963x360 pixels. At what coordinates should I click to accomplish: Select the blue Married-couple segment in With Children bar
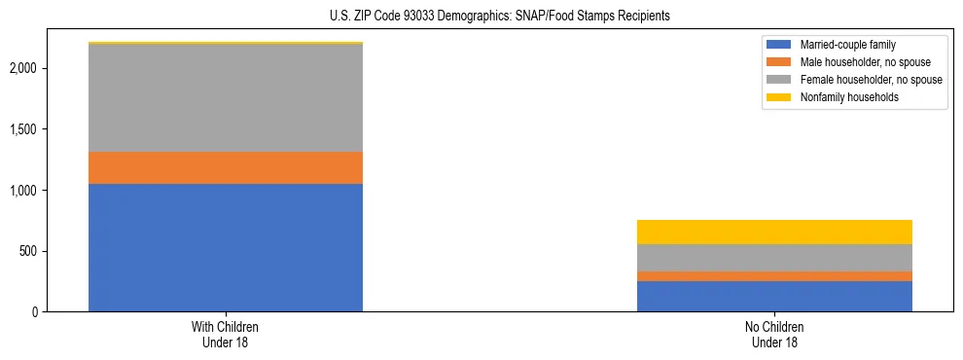(226, 247)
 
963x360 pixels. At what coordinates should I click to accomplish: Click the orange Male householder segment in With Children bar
(226, 167)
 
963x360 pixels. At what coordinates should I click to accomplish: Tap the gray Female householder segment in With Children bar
(226, 97)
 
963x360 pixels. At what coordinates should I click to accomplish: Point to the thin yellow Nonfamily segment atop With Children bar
(226, 43)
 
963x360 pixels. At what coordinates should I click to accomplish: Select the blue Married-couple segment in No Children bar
(774, 296)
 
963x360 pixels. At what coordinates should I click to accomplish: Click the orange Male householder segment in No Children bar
(774, 276)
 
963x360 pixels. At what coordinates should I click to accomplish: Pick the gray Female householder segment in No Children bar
(774, 258)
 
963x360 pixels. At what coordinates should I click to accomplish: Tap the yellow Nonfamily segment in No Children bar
(774, 232)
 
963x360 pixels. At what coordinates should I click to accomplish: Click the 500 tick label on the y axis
(32, 251)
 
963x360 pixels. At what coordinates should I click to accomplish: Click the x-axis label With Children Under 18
(226, 335)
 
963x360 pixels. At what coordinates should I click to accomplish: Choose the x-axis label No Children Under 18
(774, 335)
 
